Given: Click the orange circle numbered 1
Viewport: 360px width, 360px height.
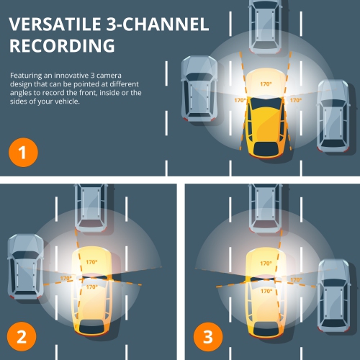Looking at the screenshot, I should [22, 153].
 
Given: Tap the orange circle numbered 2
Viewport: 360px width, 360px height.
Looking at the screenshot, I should [22, 336].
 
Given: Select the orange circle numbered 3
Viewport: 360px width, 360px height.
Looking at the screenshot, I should [206, 336].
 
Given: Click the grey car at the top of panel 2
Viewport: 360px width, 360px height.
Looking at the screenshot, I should [91, 205].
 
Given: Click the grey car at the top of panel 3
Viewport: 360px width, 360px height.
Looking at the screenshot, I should [265, 205].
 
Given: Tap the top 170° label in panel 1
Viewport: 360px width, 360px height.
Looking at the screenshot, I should [266, 84].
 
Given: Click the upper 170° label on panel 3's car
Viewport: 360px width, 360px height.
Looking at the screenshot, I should [265, 264].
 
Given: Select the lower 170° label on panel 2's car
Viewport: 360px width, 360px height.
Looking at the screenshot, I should [91, 287].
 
